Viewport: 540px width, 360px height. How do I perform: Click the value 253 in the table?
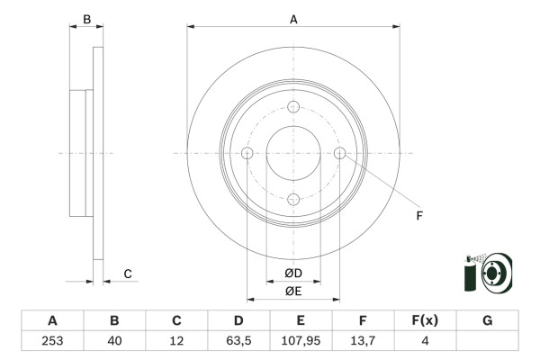point(52,340)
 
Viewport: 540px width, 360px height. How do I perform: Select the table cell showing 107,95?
point(301,340)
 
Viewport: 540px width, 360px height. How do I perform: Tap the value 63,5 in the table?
point(238,340)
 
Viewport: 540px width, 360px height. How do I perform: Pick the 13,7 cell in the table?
point(363,340)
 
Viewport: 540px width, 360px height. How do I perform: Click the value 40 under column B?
point(114,340)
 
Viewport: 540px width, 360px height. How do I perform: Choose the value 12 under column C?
point(176,340)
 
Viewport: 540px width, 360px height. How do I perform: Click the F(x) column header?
point(425,320)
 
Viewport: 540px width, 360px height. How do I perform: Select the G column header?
point(487,320)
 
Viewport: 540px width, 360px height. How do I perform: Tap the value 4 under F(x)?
point(425,340)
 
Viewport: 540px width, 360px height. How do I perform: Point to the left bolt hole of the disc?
point(247,153)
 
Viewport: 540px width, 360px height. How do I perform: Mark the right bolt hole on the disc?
point(339,153)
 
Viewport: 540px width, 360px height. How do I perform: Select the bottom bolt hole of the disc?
point(293,199)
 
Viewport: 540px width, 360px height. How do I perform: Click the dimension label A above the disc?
point(293,17)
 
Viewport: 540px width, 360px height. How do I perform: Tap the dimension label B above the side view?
point(87,19)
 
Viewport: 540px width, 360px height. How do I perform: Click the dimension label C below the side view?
point(128,274)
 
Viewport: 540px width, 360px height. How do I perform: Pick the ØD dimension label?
point(293,273)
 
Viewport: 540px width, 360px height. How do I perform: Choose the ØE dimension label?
point(293,291)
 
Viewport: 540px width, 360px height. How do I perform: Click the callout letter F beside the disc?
point(418,215)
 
